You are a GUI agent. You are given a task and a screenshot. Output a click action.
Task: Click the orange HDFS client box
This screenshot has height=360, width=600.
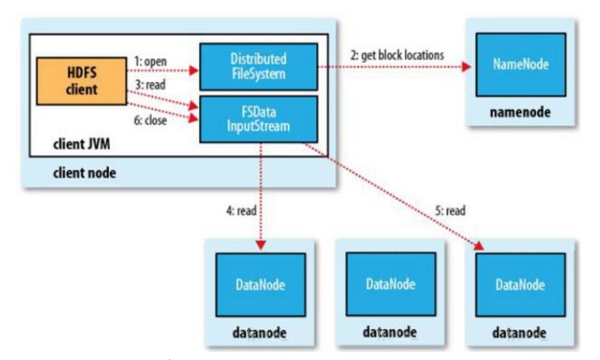(82, 81)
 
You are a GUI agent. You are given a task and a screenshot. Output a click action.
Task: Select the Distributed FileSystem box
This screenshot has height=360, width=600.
(258, 67)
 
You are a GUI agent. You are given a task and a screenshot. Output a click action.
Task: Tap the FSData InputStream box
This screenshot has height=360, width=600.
(258, 119)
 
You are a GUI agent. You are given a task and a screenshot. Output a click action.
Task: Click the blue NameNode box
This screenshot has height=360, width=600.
(521, 64)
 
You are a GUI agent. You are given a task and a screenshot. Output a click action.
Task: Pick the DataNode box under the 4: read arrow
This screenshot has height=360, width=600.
(261, 285)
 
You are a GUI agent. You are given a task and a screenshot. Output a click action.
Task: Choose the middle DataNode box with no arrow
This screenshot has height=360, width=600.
(391, 284)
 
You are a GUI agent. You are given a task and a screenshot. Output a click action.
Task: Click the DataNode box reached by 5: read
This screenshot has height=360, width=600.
(520, 285)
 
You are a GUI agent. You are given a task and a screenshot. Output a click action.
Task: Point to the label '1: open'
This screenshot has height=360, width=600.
(151, 62)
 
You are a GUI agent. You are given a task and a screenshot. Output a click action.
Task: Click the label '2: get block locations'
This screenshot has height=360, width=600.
(397, 55)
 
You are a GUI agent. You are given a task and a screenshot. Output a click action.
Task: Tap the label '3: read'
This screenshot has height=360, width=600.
(151, 84)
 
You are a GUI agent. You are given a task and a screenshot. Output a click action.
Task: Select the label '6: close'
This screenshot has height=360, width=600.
(151, 120)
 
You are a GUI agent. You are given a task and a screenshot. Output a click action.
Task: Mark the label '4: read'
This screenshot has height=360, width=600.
(241, 210)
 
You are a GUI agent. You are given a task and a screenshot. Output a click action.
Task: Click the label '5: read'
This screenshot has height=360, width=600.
(450, 210)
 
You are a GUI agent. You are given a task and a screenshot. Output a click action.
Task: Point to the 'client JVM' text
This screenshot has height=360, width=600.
(82, 144)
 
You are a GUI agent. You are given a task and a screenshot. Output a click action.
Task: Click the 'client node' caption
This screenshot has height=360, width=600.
(85, 172)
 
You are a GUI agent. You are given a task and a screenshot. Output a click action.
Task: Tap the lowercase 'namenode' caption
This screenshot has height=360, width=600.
(520, 112)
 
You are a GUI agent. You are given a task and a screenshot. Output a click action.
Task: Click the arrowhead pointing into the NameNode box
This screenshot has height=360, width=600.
(466, 67)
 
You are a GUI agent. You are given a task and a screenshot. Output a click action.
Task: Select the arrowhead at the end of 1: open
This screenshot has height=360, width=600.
(195, 70)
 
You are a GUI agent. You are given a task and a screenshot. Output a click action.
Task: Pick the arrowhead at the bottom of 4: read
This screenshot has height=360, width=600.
(261, 245)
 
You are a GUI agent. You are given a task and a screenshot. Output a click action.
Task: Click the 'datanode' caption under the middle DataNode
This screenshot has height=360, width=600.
(390, 332)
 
